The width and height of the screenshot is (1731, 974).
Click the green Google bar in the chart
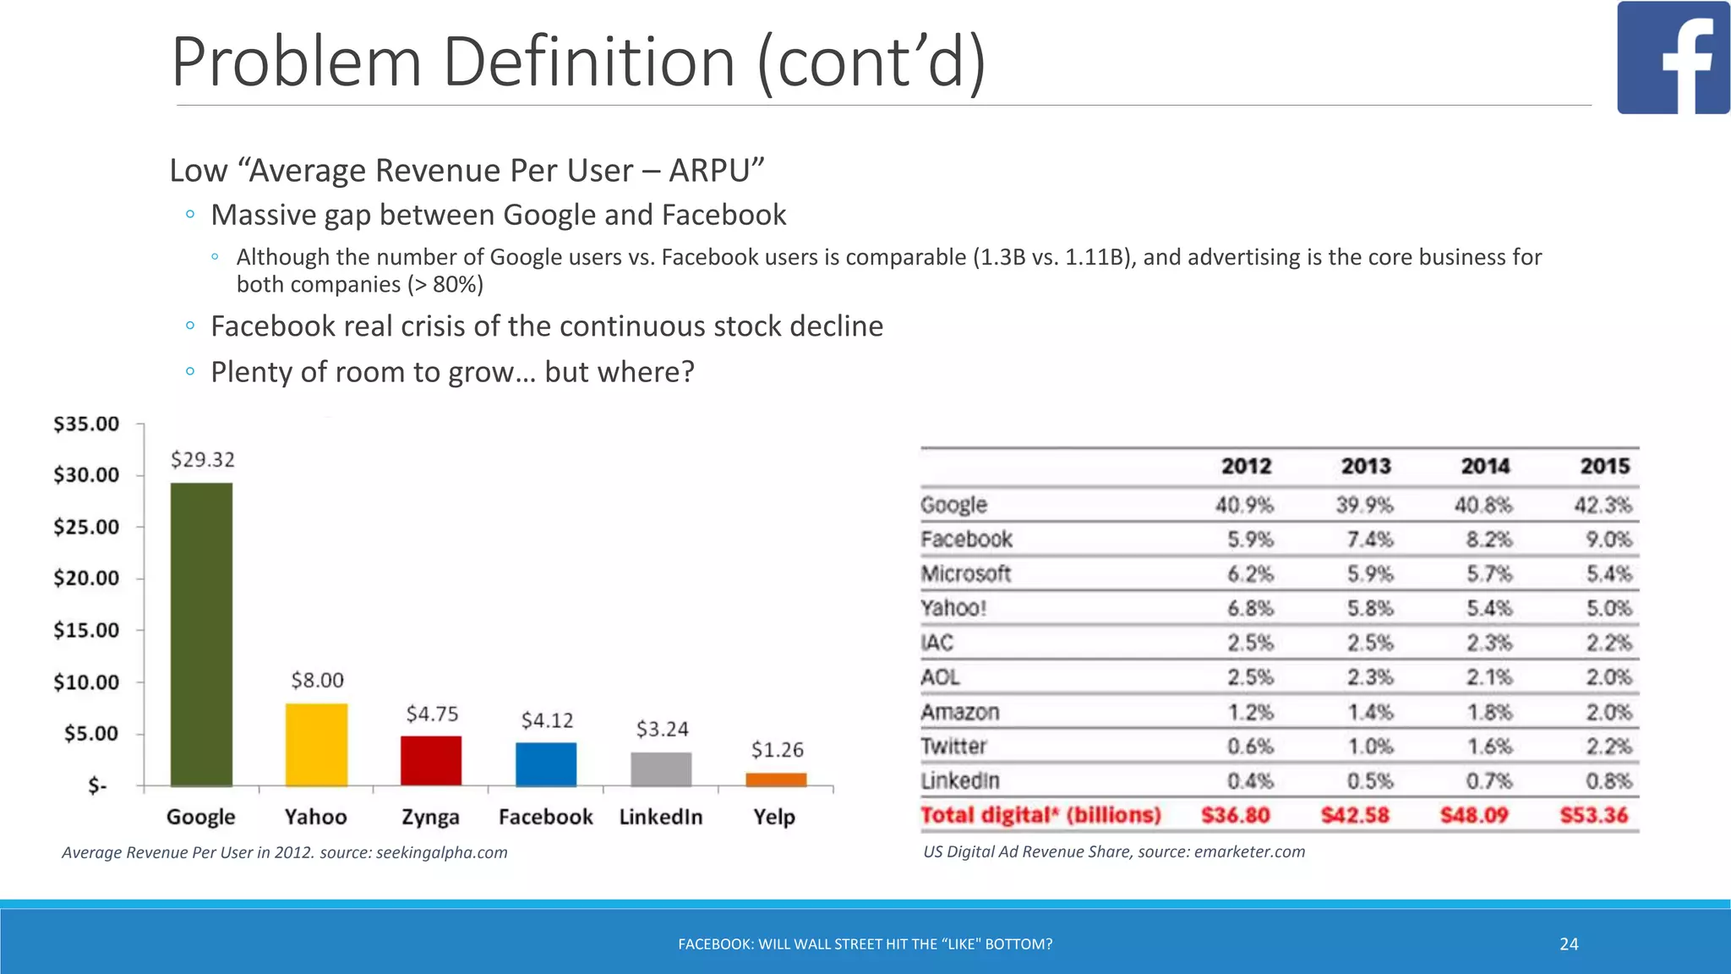(x=201, y=634)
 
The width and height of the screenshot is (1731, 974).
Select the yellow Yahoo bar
(x=316, y=745)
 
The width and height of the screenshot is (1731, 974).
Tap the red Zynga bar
(x=431, y=761)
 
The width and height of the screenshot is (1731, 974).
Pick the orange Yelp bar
(x=776, y=780)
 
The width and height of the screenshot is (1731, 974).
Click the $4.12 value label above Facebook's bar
(x=547, y=720)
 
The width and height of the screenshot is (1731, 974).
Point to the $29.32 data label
(x=203, y=459)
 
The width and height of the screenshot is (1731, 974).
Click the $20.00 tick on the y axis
(x=86, y=578)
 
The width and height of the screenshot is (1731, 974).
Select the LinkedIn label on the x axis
(x=661, y=817)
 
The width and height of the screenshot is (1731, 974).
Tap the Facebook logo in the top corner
(x=1673, y=57)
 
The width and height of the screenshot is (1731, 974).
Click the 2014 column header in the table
(x=1485, y=466)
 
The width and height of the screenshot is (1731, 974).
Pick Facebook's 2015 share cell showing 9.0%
(x=1608, y=539)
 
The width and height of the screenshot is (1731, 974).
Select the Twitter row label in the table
(x=953, y=747)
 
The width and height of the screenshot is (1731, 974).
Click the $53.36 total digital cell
(x=1593, y=815)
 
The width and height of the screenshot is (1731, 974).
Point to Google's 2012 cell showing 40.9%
(x=1244, y=505)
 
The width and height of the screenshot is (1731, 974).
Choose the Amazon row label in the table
(x=960, y=712)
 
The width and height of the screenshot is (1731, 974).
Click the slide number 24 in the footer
(x=1569, y=944)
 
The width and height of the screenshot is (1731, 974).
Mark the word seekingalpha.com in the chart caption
(x=441, y=852)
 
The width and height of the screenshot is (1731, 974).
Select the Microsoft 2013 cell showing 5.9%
(x=1369, y=574)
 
